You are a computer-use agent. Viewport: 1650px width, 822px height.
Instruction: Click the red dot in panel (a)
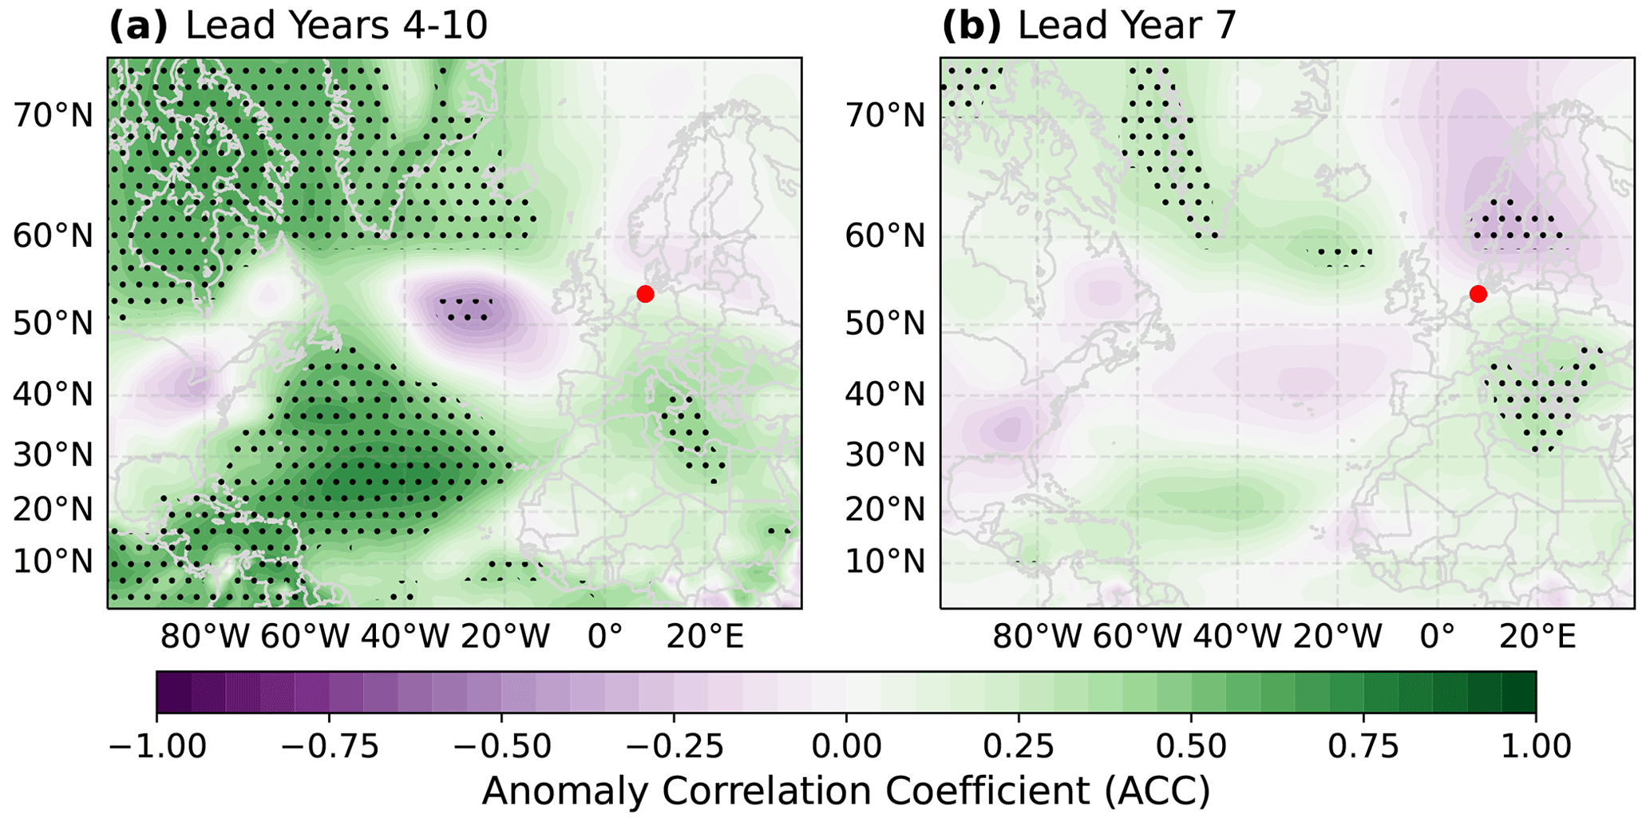tap(645, 294)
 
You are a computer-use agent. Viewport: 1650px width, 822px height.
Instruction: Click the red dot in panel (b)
tap(1478, 294)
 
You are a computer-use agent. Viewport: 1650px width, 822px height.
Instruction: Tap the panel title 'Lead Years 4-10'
tap(336, 26)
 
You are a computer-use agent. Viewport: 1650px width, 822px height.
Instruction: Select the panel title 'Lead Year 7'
tap(1126, 26)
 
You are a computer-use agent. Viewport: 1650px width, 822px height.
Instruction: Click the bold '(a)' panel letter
tap(138, 26)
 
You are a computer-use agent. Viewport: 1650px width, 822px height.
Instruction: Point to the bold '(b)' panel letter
tap(971, 26)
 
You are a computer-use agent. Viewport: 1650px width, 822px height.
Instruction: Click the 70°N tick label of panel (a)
tap(53, 116)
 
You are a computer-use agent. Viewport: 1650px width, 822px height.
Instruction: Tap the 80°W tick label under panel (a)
tap(204, 637)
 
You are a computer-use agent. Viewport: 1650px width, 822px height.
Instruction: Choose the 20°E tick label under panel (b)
tap(1537, 637)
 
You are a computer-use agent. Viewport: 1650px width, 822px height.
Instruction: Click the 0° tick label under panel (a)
tap(604, 637)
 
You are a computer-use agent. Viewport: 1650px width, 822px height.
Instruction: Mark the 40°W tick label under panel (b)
tap(1237, 637)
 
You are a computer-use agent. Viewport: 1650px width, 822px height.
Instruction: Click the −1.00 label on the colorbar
tap(156, 747)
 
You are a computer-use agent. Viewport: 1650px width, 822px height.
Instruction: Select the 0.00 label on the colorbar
tap(846, 747)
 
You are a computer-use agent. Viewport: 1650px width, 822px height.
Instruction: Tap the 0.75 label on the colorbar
tap(1363, 747)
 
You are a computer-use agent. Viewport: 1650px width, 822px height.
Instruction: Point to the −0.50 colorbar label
tap(501, 747)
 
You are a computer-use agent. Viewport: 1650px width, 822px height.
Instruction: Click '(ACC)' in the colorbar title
tap(1158, 792)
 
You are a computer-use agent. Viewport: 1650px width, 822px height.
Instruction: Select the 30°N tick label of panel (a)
tap(53, 455)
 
